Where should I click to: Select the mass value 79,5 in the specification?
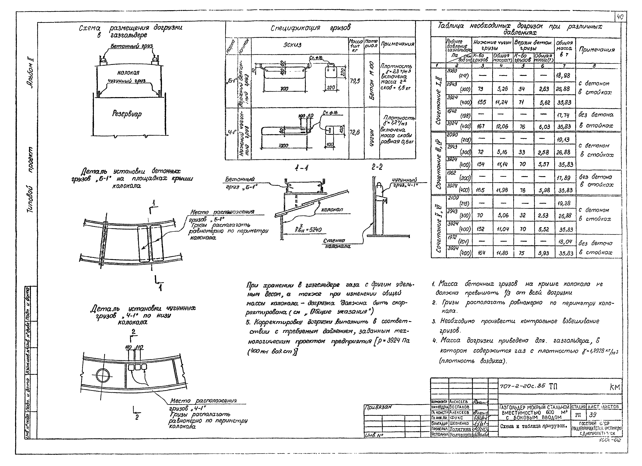pyautogui.click(x=355, y=81)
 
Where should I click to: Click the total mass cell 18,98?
pyautogui.click(x=563, y=76)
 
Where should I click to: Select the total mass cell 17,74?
pyautogui.click(x=563, y=115)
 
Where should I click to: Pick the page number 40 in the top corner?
pyautogui.click(x=620, y=17)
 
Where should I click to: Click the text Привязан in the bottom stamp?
pyautogui.click(x=378, y=407)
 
